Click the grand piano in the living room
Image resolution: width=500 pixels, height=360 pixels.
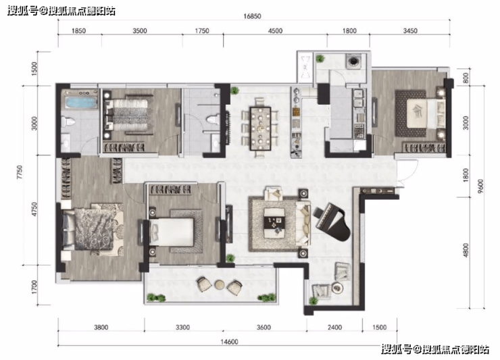pos(332,223)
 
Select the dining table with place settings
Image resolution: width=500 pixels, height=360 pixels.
pos(261,128)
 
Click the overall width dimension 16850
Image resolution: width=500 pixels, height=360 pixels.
pos(252,16)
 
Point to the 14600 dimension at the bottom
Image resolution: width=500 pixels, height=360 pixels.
pos(229,342)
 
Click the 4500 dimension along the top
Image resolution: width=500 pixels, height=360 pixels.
pos(275,30)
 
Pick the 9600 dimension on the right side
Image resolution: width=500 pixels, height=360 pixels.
pos(480,186)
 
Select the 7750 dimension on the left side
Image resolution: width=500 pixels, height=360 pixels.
pos(20,172)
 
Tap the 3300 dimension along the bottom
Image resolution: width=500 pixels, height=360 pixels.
pos(182,327)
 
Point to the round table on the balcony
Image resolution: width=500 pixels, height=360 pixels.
pos(220,284)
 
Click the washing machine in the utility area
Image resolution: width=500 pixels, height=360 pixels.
pos(353,61)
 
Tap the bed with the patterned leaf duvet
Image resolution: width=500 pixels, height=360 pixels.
pos(93,228)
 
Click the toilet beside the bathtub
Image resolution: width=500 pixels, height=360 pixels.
pos(68,122)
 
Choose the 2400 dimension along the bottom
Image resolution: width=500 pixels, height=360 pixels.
pos(334,327)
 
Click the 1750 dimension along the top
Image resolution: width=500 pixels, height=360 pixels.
pos(202,30)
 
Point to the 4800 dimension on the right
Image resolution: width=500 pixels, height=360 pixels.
pos(466,250)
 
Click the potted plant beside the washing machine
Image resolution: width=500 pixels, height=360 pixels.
pos(320,58)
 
